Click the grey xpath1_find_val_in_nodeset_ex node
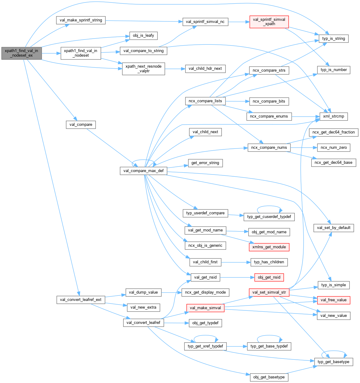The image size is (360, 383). coord(21,53)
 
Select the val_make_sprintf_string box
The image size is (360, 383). coord(81,20)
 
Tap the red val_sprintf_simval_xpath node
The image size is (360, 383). coord(269,22)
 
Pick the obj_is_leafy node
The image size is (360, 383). coord(143,36)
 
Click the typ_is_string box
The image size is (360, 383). coord(333,39)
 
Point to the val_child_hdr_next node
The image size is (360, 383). coord(205,69)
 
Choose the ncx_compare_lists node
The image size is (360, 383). coord(205,101)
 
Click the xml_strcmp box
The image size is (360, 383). coord(333,116)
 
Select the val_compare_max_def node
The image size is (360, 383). coord(143,171)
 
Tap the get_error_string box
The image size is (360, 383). coord(205,163)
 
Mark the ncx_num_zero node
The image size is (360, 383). coord(334,148)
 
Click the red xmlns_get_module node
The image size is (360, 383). coord(269,247)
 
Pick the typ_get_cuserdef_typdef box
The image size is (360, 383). coord(269,217)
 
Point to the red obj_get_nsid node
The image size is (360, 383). coord(269,277)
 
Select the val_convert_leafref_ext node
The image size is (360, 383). coord(81,300)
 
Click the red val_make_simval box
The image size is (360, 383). coord(205,308)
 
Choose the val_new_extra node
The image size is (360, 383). coord(143,307)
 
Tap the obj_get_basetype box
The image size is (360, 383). coord(269,377)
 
